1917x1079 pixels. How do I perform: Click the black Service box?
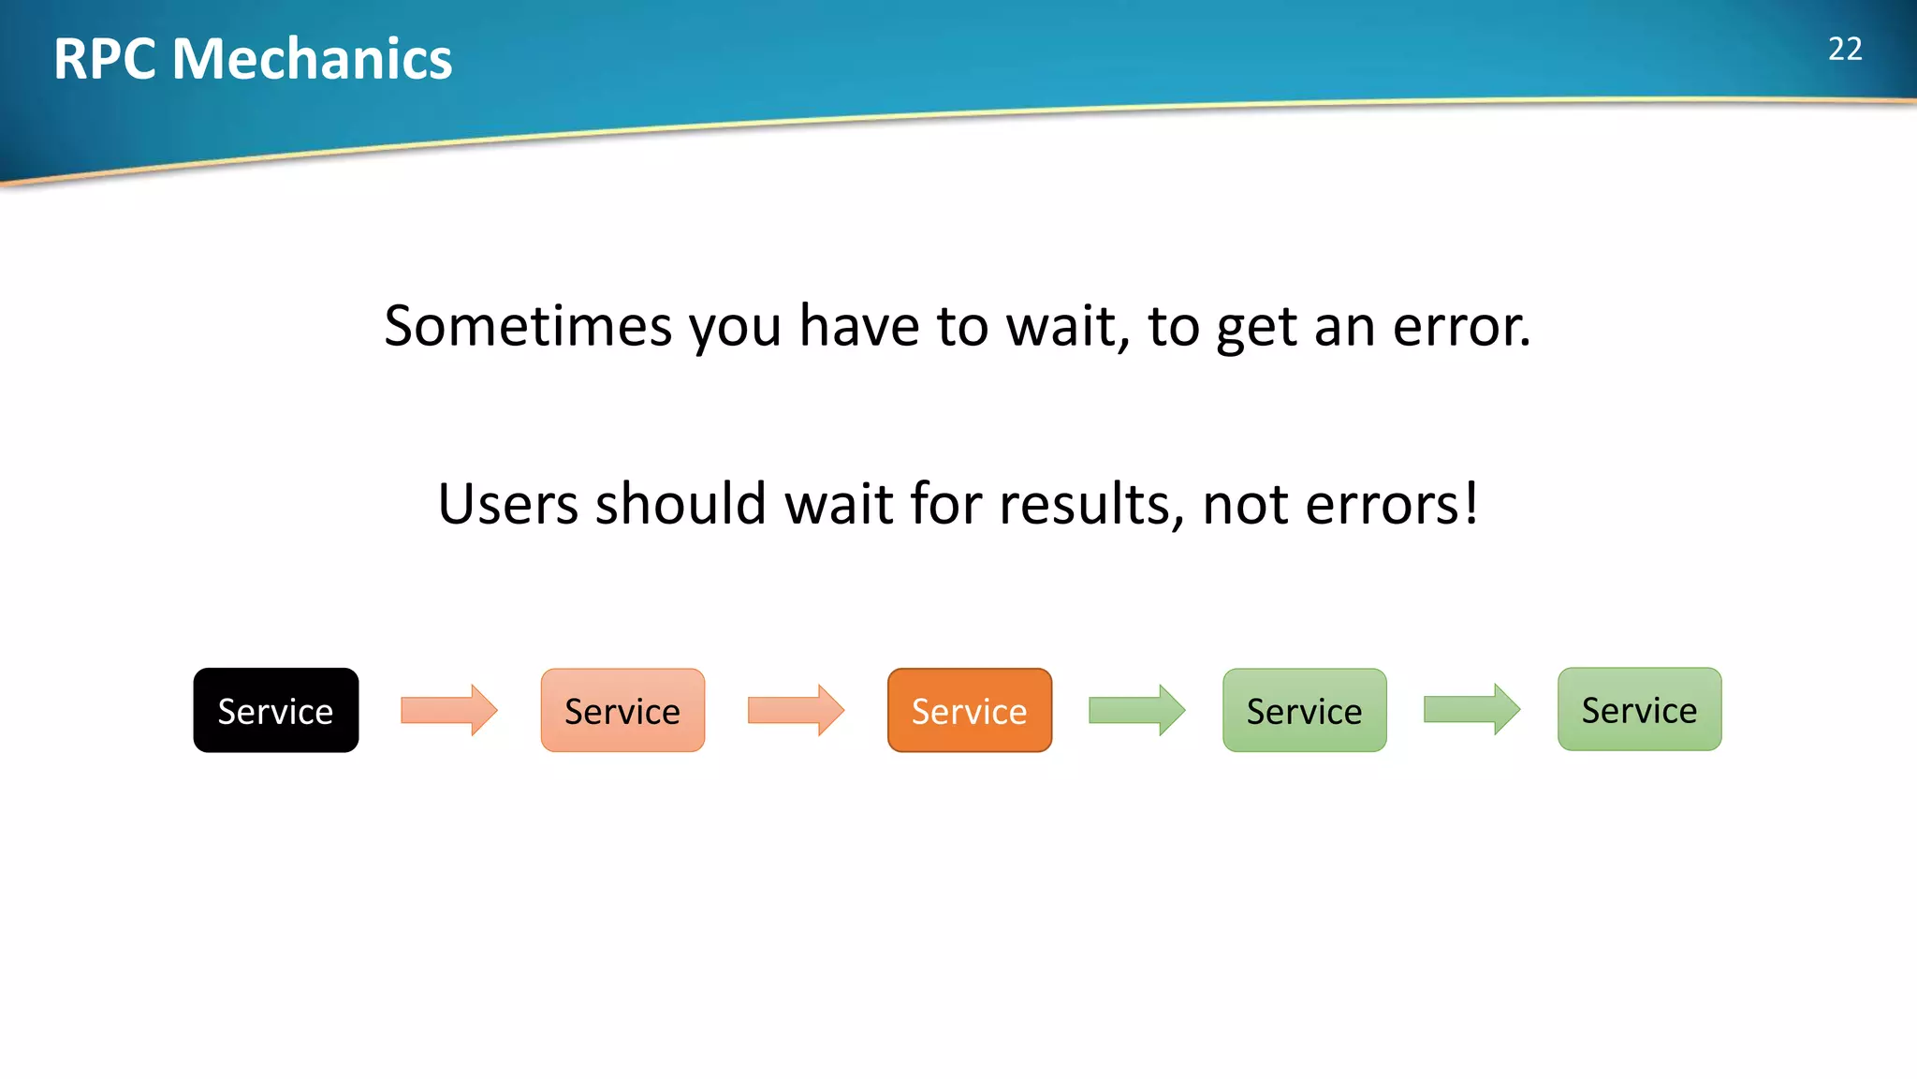coord(275,710)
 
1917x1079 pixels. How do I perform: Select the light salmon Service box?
coord(622,710)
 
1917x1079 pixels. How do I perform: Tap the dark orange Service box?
coord(969,710)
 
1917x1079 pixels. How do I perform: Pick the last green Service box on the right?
coord(1639,709)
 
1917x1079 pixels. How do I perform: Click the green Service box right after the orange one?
coord(1304,710)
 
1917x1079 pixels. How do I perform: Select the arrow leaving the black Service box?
coord(448,710)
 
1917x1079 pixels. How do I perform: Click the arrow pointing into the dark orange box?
coord(796,710)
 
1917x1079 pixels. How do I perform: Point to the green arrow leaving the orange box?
coord(1136,710)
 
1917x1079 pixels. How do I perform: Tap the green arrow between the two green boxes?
coord(1471,709)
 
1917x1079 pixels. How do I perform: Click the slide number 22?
coord(1845,49)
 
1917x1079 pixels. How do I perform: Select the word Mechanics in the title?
coord(312,59)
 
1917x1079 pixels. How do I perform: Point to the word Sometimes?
coord(528,326)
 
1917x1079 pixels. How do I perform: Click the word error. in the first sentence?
coord(1462,326)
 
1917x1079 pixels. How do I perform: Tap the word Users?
coord(508,504)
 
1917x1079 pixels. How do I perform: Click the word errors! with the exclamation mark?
coord(1392,504)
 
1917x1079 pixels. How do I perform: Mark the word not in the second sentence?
coord(1244,504)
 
